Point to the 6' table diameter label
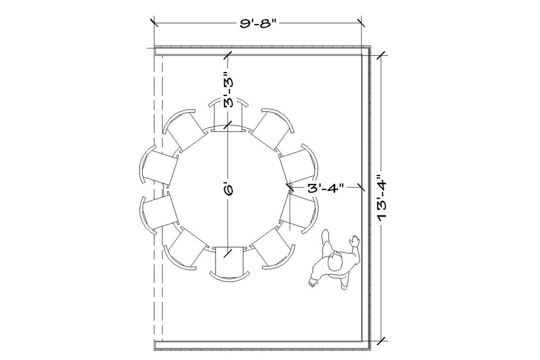[x=229, y=189]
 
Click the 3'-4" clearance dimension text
[x=326, y=188]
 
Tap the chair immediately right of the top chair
[x=273, y=131]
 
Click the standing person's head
[x=334, y=263]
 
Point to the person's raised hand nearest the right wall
[x=355, y=240]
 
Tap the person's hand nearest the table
[x=313, y=282]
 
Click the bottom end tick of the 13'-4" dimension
[x=380, y=341]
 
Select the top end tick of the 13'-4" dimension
[x=380, y=54]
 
